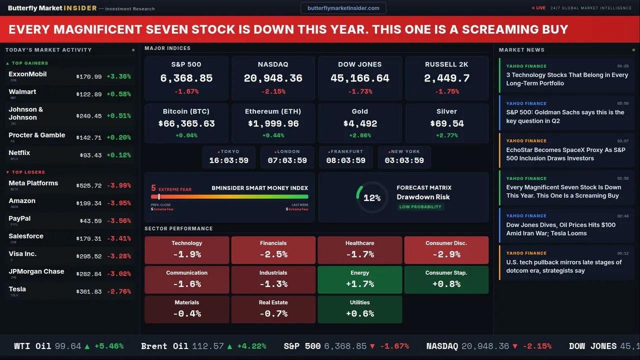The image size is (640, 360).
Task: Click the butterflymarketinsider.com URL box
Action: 343,8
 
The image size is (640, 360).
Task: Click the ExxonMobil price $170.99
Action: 89,77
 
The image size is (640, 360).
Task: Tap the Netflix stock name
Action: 19,153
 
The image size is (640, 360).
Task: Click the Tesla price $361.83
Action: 89,291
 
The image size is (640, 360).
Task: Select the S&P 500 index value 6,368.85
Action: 186,78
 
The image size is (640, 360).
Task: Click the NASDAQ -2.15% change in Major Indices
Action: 273,91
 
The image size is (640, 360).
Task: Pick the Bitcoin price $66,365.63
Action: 186,123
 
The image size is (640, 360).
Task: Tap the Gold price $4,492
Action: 360,123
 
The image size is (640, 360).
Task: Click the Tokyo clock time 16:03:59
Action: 228,160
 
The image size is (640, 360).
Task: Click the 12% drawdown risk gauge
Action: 371,198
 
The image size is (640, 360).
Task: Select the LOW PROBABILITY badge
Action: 420,207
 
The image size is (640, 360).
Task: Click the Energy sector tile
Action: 360,279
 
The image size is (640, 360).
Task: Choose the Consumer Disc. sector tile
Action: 446,250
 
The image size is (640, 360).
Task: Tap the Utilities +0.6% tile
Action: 360,309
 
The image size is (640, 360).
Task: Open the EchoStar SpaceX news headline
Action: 565,154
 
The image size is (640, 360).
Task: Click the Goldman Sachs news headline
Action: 565,116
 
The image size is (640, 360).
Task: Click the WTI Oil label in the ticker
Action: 32,346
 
